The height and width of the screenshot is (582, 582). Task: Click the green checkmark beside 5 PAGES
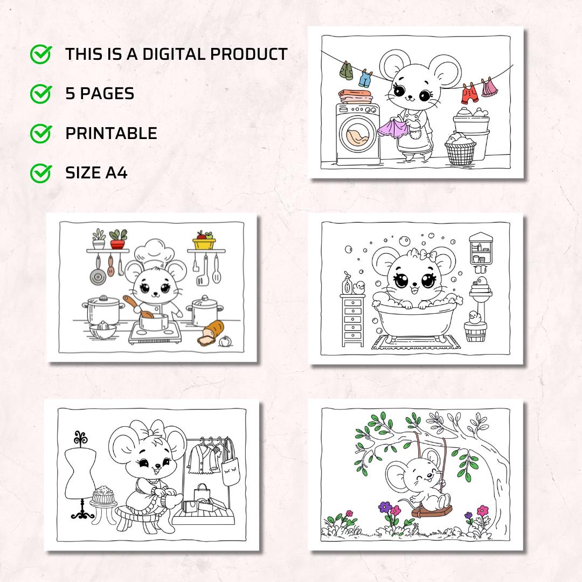pyautogui.click(x=40, y=94)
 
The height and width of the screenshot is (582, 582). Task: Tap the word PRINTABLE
pyautogui.click(x=111, y=134)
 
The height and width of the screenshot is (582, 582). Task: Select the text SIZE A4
pyautogui.click(x=96, y=173)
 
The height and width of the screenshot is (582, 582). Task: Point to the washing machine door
pyautogui.click(x=355, y=138)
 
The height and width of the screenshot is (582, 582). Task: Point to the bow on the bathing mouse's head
pyautogui.click(x=418, y=254)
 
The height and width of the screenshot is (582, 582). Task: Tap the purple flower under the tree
pyautogui.click(x=385, y=507)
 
